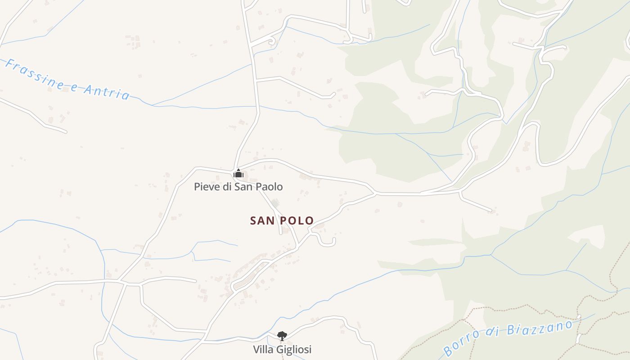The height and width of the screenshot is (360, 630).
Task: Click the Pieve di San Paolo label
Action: point(238,186)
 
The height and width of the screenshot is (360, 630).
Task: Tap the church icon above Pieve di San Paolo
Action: point(238,173)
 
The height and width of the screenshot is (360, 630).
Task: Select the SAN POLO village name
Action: point(282,220)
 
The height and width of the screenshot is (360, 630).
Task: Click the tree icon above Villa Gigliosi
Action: point(282,335)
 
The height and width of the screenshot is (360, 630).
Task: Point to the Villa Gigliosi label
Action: point(282,349)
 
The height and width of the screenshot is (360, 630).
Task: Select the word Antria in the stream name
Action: point(107,90)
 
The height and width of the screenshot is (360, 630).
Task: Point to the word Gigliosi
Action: point(294,349)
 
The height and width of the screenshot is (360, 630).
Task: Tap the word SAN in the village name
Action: point(260,220)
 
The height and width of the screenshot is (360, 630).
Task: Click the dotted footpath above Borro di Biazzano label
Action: point(517,310)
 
